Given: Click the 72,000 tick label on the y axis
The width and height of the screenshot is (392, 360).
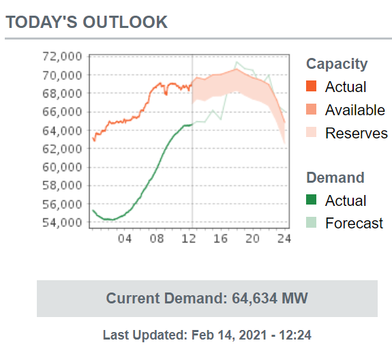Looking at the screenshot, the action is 62,57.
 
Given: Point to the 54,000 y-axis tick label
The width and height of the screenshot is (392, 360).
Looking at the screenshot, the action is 62,222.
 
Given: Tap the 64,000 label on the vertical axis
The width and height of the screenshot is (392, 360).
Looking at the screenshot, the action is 62,130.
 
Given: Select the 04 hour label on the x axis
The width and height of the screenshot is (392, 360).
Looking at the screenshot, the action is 125,239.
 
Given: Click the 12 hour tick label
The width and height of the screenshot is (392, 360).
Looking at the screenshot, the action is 189,239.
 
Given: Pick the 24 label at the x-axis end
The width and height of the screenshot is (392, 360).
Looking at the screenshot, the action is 284,239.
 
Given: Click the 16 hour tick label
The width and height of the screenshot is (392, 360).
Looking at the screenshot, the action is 220,239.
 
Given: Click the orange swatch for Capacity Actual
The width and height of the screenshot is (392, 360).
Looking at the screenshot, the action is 312,86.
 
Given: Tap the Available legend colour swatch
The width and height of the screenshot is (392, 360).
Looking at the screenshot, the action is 312,109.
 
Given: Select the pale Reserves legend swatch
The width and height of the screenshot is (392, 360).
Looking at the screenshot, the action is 312,132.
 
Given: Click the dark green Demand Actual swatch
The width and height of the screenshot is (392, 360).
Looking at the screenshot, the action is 312,200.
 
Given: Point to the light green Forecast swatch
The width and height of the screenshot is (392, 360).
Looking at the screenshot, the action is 312,222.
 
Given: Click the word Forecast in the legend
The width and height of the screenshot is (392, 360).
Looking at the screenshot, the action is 355,223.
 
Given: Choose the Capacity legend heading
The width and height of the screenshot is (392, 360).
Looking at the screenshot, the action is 337,64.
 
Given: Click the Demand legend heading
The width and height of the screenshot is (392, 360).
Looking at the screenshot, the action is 335,178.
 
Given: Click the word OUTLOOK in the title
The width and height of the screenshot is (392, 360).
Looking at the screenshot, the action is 125,22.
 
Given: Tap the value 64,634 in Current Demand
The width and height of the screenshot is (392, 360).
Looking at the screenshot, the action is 254,298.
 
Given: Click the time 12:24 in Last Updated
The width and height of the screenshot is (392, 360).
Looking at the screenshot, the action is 295,335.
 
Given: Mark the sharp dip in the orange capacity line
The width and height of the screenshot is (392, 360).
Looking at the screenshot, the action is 166,94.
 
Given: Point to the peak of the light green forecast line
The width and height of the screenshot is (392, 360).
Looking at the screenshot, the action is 237,62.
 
